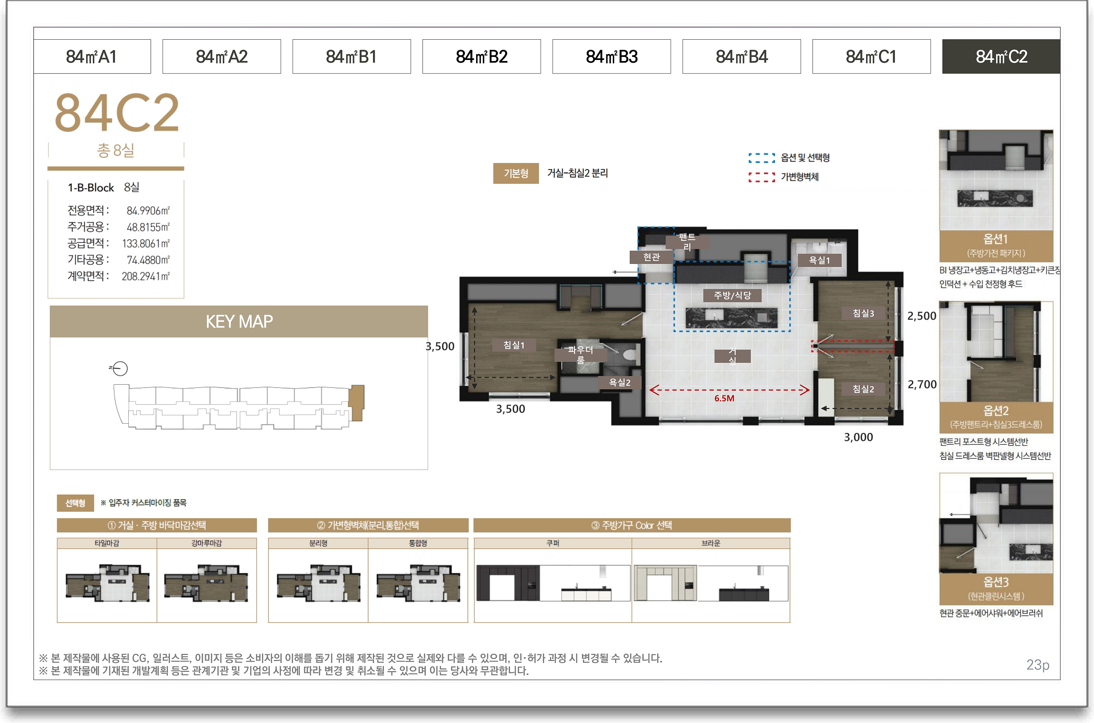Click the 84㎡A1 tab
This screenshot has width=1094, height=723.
point(92,57)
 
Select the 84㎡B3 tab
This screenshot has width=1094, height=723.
point(611,57)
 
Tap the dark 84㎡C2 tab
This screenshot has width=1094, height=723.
point(1001,57)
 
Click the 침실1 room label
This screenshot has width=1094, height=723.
point(513,345)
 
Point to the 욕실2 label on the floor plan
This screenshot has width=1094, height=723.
point(619,382)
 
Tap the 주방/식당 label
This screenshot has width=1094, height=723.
point(732,295)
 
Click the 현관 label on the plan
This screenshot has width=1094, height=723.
point(651,257)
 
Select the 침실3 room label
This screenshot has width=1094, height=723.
point(863,313)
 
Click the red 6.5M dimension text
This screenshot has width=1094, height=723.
point(724,398)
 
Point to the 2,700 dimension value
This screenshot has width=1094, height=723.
point(922,385)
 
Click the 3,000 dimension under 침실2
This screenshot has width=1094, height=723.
point(858,437)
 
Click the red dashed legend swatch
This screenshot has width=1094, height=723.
point(761,177)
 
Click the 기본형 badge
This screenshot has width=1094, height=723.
point(516,173)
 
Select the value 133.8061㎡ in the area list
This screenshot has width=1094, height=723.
point(146,244)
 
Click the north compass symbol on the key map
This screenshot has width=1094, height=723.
point(119,368)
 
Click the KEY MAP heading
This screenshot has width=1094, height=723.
point(239,322)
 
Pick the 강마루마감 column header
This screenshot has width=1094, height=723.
point(206,543)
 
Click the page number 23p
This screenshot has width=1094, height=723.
point(1038,665)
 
